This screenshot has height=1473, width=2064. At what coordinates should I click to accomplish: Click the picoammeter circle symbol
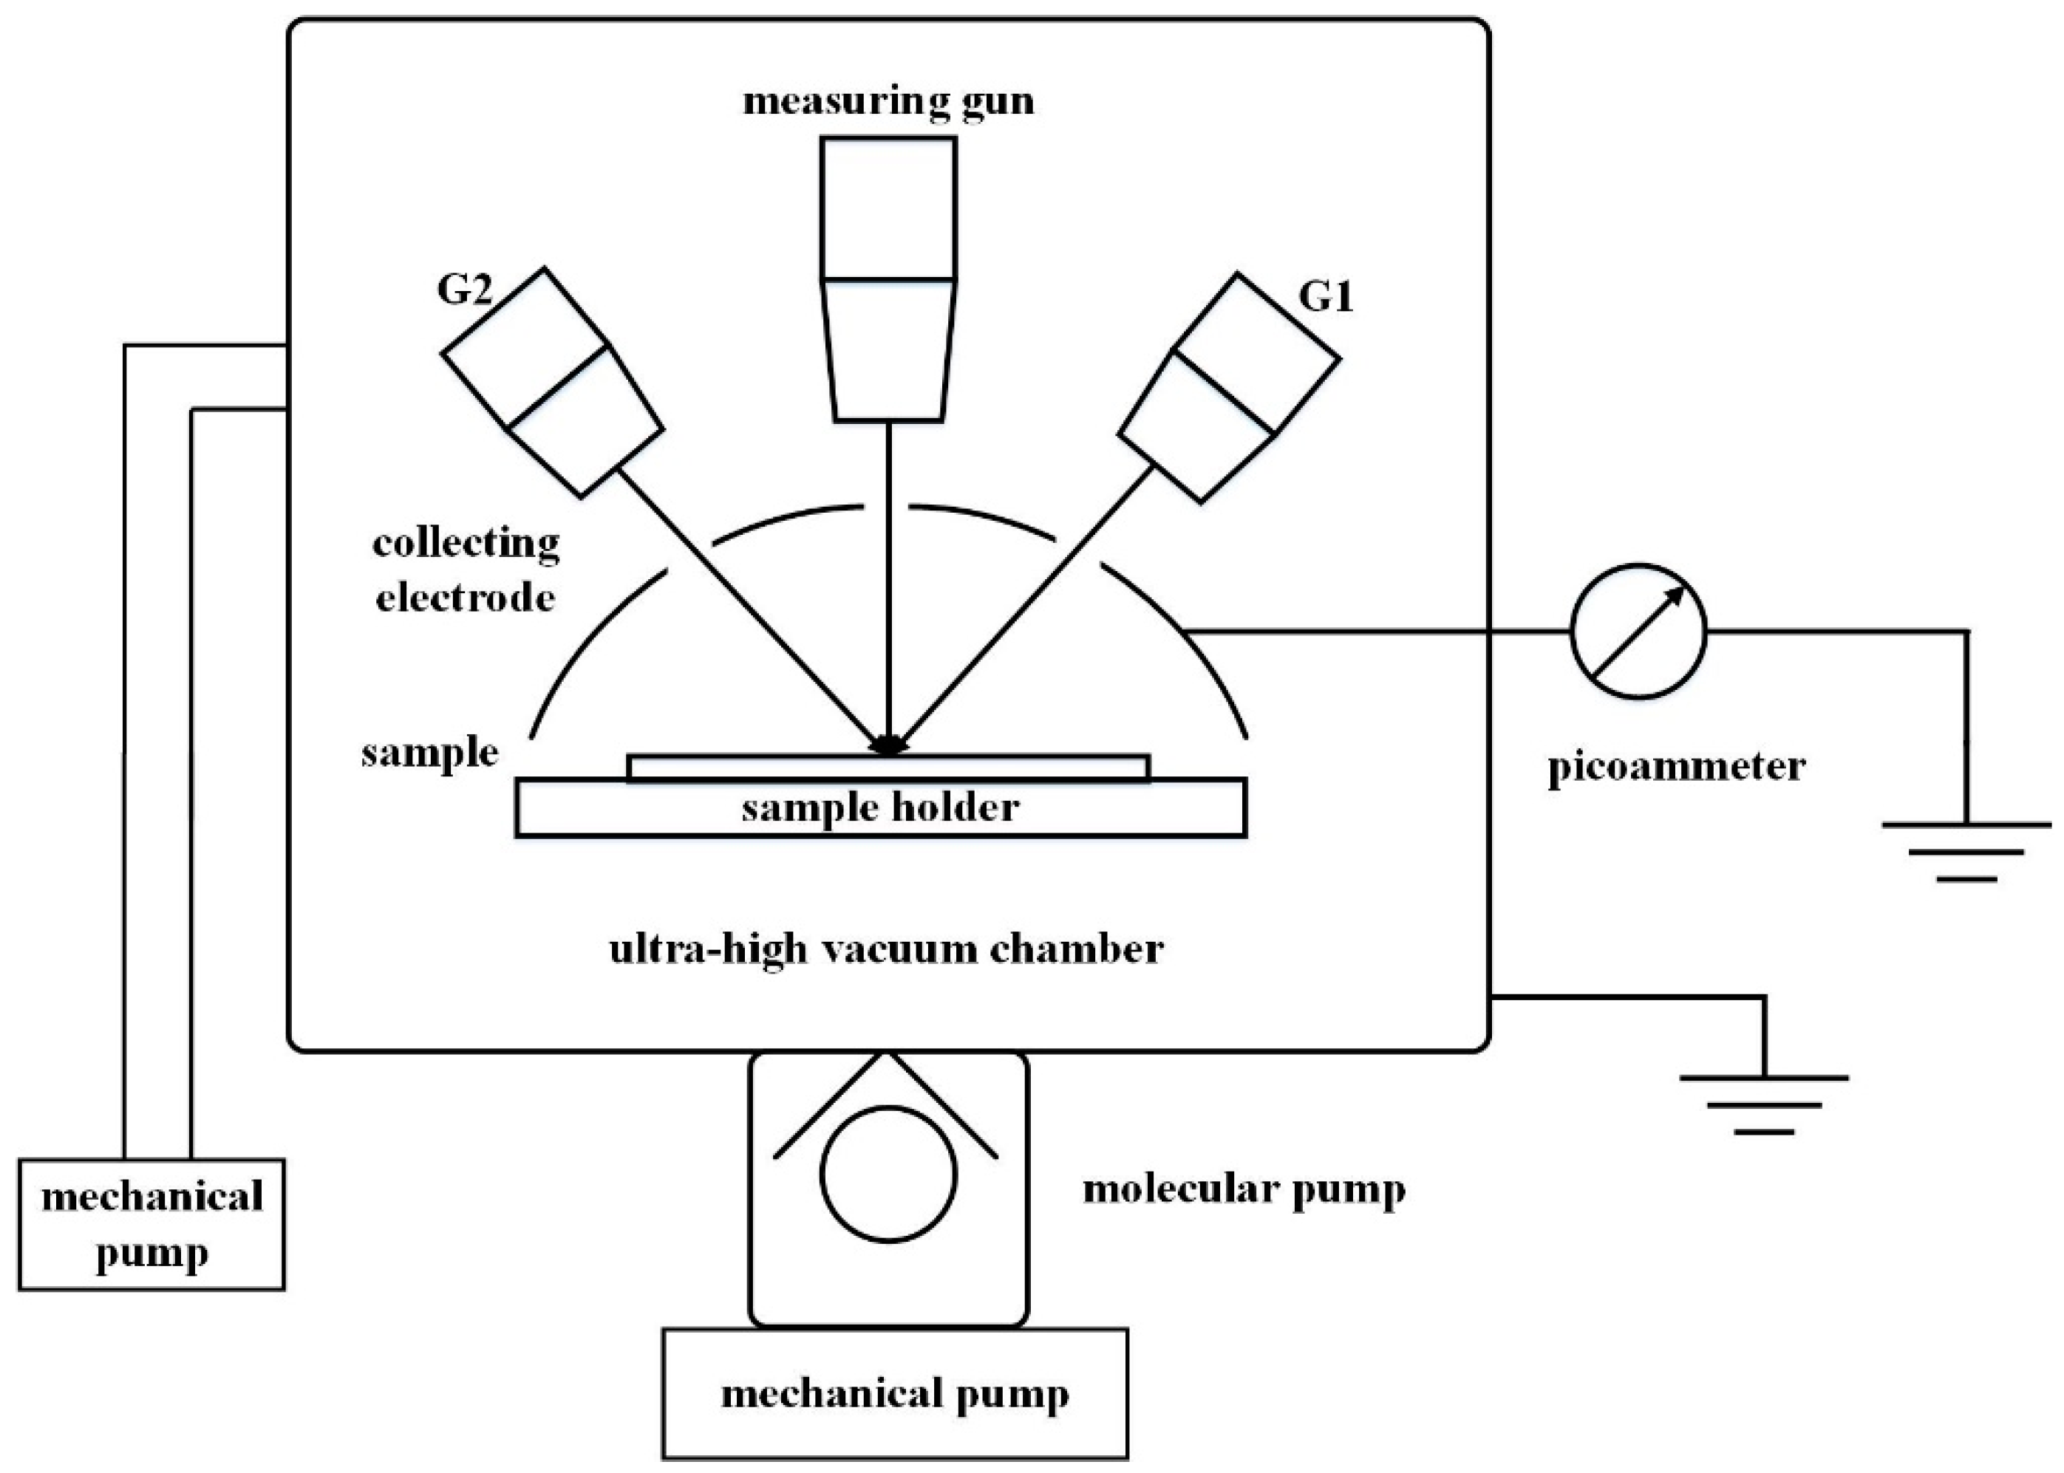click(x=1638, y=632)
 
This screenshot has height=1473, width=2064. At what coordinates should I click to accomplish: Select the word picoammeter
click(x=1676, y=768)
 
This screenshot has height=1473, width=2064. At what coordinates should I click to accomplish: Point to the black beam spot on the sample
click(x=888, y=745)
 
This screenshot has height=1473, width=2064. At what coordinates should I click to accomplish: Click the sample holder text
click(x=880, y=807)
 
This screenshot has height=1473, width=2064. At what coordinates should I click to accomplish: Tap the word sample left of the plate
click(x=429, y=753)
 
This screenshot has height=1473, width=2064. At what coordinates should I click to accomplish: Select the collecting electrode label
click(x=466, y=570)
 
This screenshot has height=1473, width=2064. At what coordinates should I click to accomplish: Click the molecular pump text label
click(x=1243, y=1190)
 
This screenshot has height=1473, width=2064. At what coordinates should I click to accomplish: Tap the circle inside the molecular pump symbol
click(x=888, y=1174)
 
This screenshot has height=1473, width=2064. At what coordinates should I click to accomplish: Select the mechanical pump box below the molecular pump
click(x=895, y=1394)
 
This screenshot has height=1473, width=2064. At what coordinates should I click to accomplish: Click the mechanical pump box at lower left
click(x=151, y=1223)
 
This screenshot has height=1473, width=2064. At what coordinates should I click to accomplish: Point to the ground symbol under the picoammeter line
click(x=1966, y=851)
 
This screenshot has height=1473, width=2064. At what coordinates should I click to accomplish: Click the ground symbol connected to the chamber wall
click(x=1764, y=1104)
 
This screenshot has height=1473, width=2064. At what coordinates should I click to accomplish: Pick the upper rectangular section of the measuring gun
click(x=888, y=208)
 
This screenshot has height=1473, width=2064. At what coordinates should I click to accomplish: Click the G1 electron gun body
click(x=1230, y=387)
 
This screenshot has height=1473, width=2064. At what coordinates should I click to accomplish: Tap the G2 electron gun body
click(x=553, y=383)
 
